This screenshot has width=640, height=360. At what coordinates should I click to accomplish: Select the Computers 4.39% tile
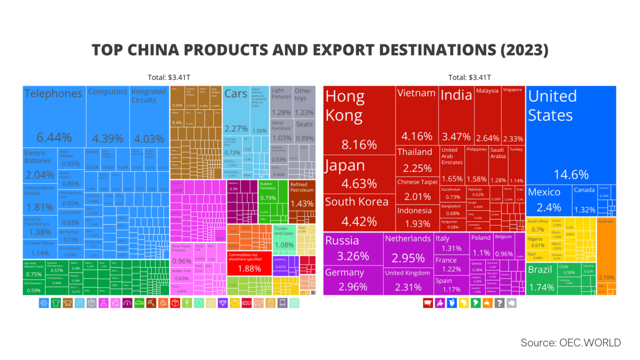[x=107, y=117]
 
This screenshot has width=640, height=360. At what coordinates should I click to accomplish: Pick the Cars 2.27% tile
[x=236, y=110]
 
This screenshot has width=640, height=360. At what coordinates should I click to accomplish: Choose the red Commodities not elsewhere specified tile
[x=249, y=263]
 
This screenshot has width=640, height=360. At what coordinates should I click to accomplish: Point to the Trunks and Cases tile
[x=284, y=237]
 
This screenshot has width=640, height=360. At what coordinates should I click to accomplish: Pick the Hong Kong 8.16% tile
[x=359, y=121]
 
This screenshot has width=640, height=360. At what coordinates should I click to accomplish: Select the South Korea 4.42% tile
[x=359, y=212]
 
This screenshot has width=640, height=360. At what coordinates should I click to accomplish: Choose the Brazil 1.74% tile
[x=541, y=279]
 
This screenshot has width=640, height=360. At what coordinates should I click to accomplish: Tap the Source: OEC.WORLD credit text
[x=570, y=343]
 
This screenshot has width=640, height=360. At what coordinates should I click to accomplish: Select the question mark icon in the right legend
[x=499, y=303]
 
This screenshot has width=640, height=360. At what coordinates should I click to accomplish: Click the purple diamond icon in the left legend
[x=222, y=303]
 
